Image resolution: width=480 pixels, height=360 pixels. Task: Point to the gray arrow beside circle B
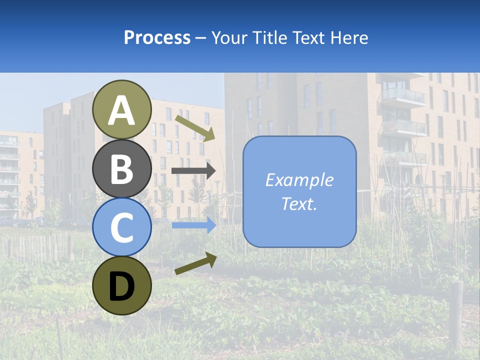click(x=193, y=171)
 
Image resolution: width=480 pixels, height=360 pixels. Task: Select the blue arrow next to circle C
click(x=193, y=225)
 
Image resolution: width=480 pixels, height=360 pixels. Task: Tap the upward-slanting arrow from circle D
click(x=195, y=263)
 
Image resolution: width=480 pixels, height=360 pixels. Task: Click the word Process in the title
click(x=157, y=37)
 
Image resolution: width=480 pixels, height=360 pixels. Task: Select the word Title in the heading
click(x=270, y=37)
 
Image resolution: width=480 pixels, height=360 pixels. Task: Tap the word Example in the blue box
click(x=299, y=180)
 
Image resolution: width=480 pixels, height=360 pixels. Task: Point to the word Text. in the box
click(x=299, y=203)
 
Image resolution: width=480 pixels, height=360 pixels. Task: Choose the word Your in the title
click(x=230, y=37)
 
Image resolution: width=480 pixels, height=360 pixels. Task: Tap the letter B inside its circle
click(x=121, y=169)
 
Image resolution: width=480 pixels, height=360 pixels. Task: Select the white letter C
click(x=121, y=228)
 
